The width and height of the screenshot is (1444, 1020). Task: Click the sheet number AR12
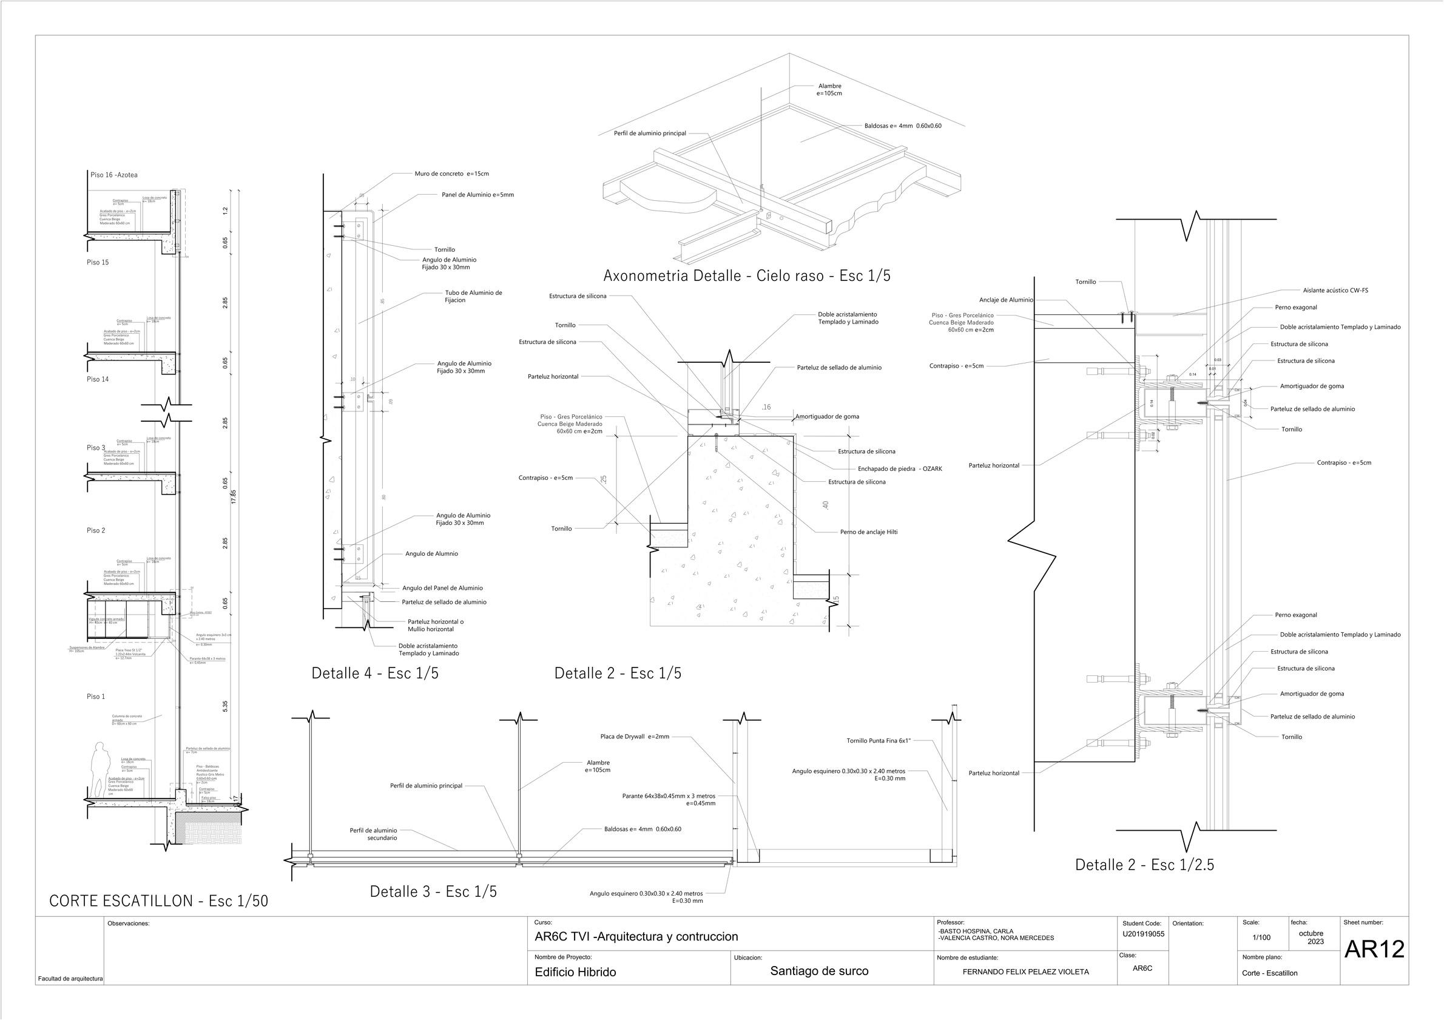tap(1374, 950)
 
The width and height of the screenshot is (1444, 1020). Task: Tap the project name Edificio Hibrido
tap(575, 972)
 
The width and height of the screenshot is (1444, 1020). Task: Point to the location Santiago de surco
tap(819, 971)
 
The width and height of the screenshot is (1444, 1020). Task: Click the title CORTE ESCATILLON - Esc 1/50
tap(158, 901)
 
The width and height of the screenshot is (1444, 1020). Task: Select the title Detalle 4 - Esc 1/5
tap(375, 674)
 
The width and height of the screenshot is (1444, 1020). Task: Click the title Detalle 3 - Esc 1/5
tap(433, 892)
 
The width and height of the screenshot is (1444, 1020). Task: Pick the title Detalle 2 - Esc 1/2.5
tap(1144, 865)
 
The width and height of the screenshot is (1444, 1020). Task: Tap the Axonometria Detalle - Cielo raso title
tap(746, 275)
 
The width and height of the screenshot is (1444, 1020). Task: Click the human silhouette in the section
tap(98, 770)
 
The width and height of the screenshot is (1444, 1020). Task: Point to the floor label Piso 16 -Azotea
tap(114, 175)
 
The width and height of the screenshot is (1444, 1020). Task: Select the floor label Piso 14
tap(98, 379)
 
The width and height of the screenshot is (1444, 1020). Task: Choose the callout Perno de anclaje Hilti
tap(869, 532)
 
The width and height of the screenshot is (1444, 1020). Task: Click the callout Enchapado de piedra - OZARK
tap(899, 468)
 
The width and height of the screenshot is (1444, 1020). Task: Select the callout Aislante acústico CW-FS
tap(1335, 291)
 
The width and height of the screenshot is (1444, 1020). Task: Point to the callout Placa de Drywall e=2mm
tap(635, 737)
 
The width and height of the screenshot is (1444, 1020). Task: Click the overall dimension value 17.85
tap(234, 497)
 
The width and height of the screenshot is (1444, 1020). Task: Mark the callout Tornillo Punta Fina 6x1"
tap(879, 741)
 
